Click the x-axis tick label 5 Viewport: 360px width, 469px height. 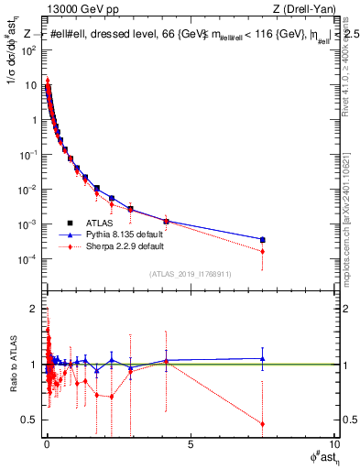191,446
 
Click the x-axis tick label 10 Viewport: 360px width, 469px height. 333,446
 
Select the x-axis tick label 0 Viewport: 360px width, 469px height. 47,446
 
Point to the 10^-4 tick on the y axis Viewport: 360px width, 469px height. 28,259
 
